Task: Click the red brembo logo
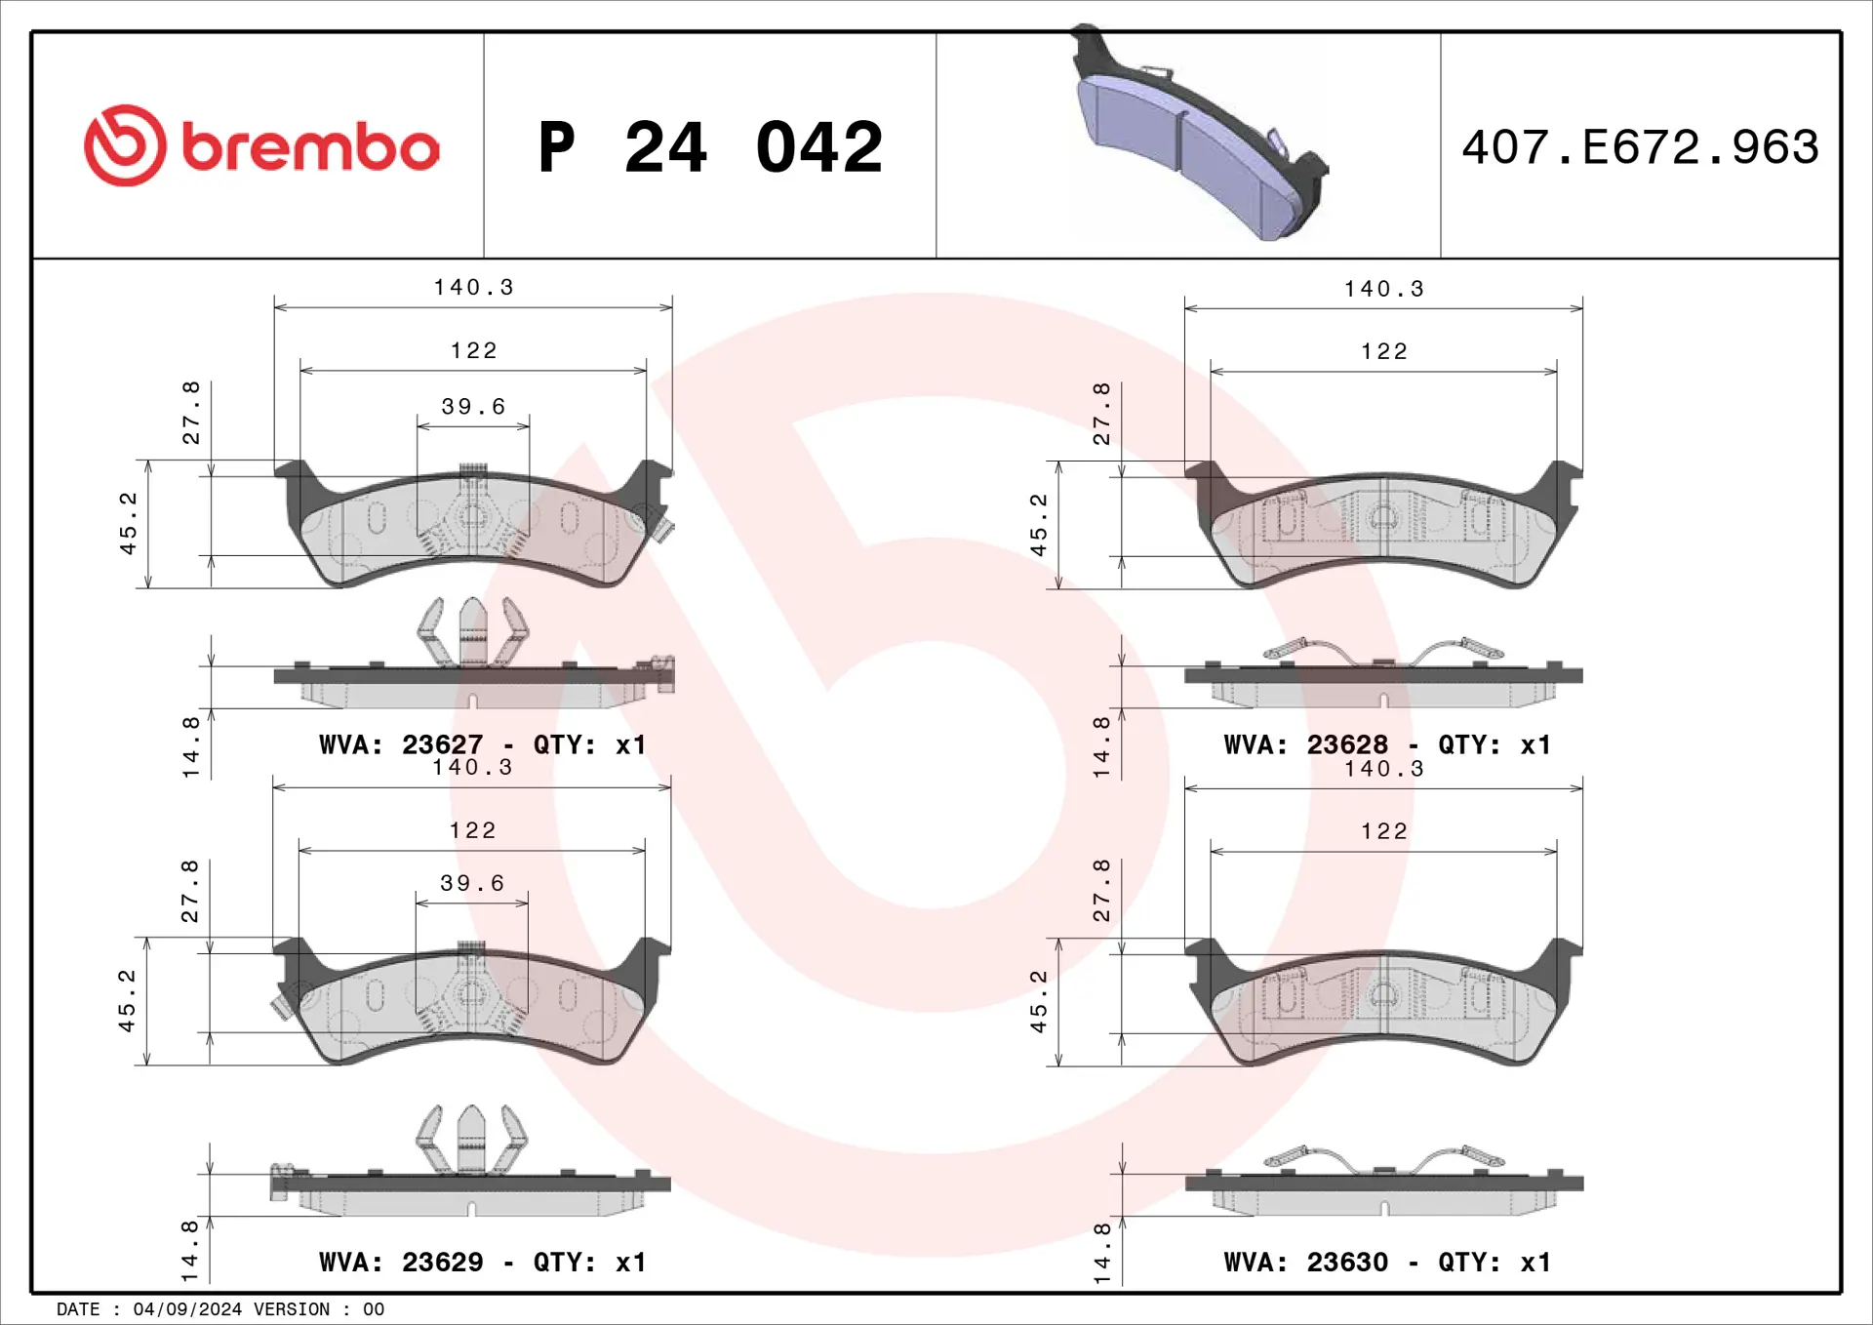click(261, 145)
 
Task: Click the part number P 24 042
click(710, 147)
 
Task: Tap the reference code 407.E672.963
click(1640, 147)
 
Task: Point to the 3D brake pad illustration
click(1199, 133)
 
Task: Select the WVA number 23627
click(442, 744)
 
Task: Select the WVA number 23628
click(1347, 744)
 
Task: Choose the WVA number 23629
click(442, 1262)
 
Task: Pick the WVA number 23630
click(1347, 1262)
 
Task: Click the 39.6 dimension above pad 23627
click(473, 406)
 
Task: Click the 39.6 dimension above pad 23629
click(472, 883)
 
